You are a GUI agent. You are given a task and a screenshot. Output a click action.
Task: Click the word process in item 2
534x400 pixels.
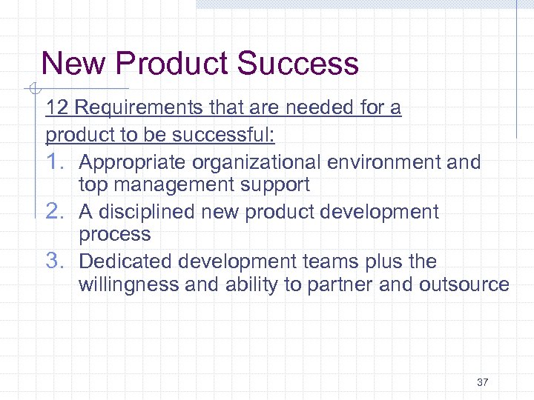click(x=114, y=235)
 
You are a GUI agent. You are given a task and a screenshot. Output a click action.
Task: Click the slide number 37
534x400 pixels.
click(x=483, y=382)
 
